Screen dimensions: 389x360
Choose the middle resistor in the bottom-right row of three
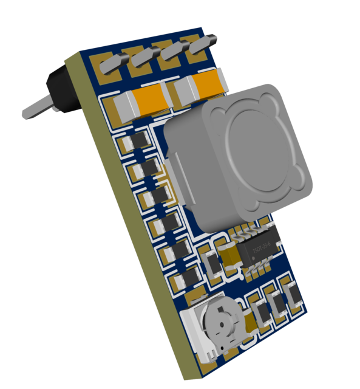click(x=277, y=305)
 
